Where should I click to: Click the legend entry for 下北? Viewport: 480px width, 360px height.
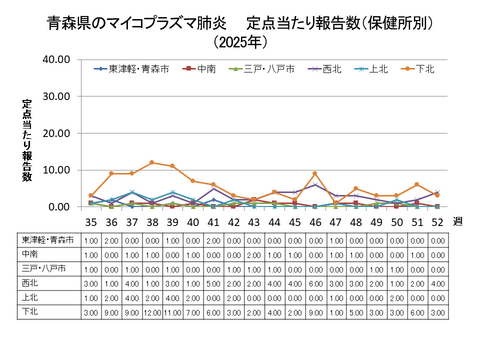point(423,69)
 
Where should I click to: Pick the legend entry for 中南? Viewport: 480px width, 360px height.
point(205,69)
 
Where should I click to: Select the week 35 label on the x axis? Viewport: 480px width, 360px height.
point(91,222)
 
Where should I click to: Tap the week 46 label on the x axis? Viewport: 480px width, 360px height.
point(315,222)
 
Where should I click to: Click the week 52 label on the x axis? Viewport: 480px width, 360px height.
point(437,222)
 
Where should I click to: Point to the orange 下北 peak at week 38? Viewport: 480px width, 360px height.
point(152,162)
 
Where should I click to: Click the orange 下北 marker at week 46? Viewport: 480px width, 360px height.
point(315,174)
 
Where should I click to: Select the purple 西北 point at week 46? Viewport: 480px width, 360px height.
point(315,185)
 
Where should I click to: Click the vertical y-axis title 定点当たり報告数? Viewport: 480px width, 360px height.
point(27,140)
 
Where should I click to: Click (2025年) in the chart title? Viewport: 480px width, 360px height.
point(240,42)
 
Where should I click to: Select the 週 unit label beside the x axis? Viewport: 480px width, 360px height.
point(459,222)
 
